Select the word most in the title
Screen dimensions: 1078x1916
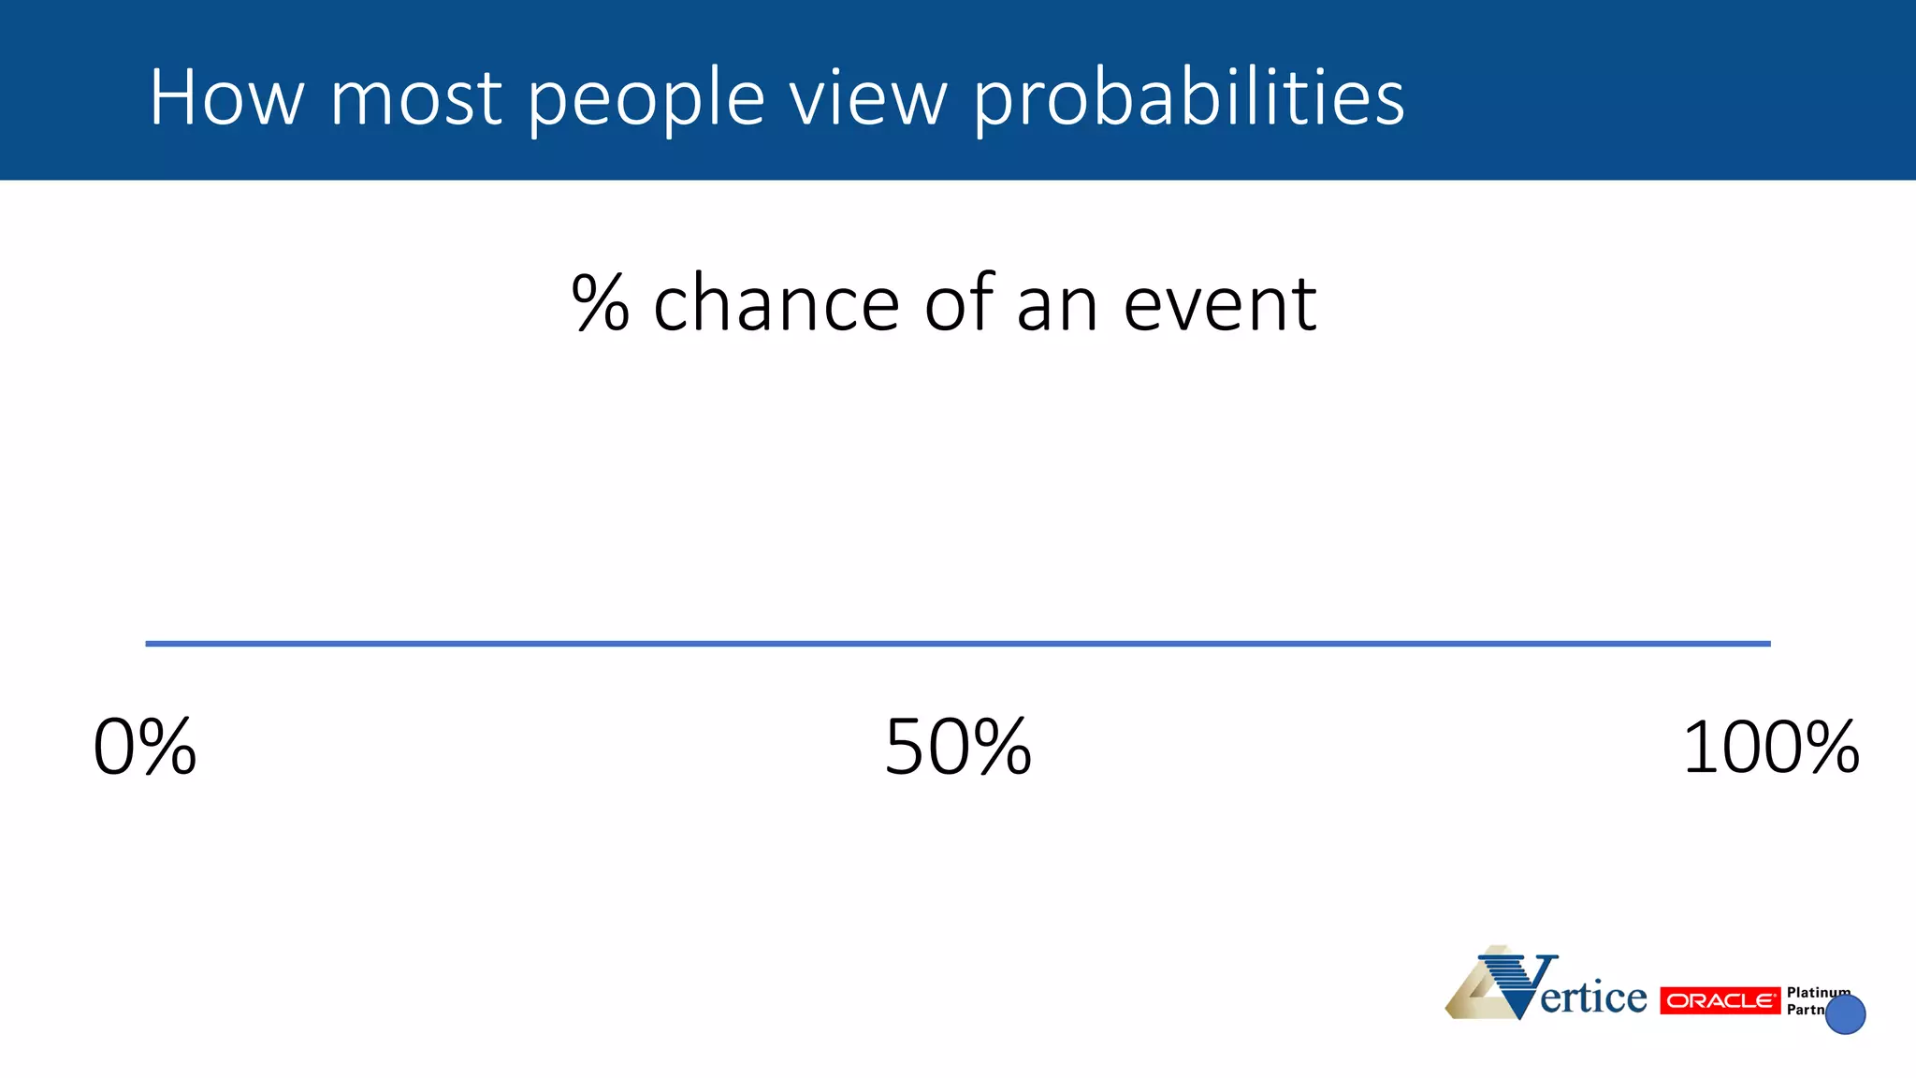[416, 97]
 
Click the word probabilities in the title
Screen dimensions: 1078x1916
[1188, 99]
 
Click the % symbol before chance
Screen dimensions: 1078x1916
[600, 303]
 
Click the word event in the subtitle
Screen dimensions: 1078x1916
[1220, 305]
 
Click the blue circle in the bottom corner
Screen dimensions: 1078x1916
[1846, 1014]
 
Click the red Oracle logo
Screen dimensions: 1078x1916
[1720, 1000]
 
